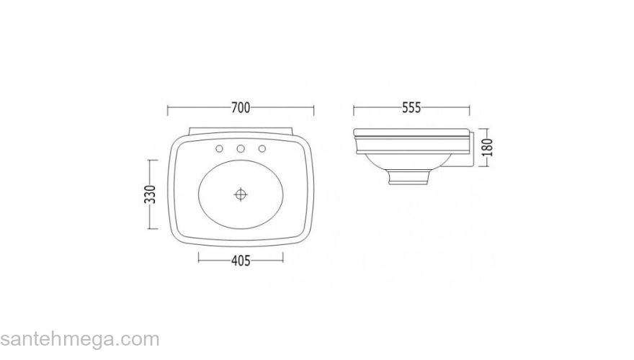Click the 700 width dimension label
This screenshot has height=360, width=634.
click(x=241, y=108)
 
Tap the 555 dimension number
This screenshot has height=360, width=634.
click(x=411, y=108)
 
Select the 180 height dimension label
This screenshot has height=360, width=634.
click(x=488, y=148)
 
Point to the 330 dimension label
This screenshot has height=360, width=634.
click(x=150, y=194)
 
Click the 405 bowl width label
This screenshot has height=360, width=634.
click(x=241, y=261)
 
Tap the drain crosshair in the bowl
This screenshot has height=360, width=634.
click(x=241, y=194)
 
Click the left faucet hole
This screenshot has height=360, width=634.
click(x=219, y=149)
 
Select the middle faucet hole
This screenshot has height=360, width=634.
click(x=241, y=149)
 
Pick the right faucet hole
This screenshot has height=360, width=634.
click(x=262, y=149)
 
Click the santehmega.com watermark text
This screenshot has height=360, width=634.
click(x=80, y=339)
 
